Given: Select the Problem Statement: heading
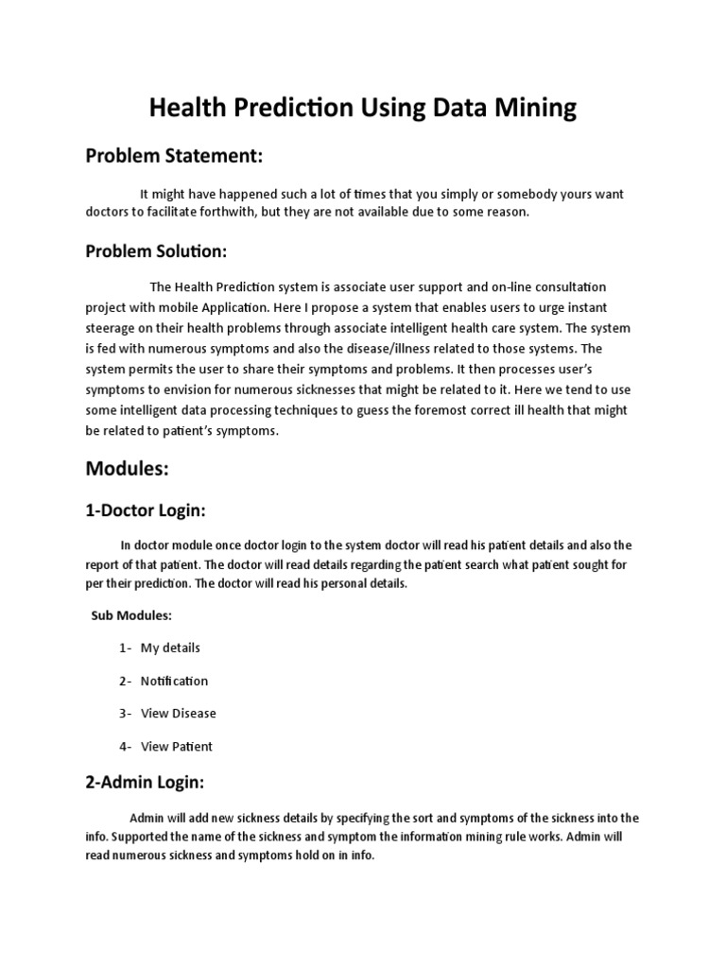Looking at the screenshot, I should click(x=174, y=154).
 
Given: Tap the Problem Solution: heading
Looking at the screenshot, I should click(x=157, y=251).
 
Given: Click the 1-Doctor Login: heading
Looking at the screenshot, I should click(x=145, y=510).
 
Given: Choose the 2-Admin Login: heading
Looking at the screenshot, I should click(x=145, y=782).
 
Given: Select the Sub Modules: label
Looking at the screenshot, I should click(x=131, y=615).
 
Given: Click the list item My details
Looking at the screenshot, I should click(x=170, y=648).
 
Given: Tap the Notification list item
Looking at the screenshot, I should click(x=174, y=681).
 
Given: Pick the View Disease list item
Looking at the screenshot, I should click(x=179, y=713).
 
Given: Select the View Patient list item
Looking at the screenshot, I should click(x=177, y=746).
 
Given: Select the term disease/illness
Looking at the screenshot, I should click(x=404, y=348).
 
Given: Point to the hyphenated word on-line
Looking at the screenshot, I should click(x=463, y=285).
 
